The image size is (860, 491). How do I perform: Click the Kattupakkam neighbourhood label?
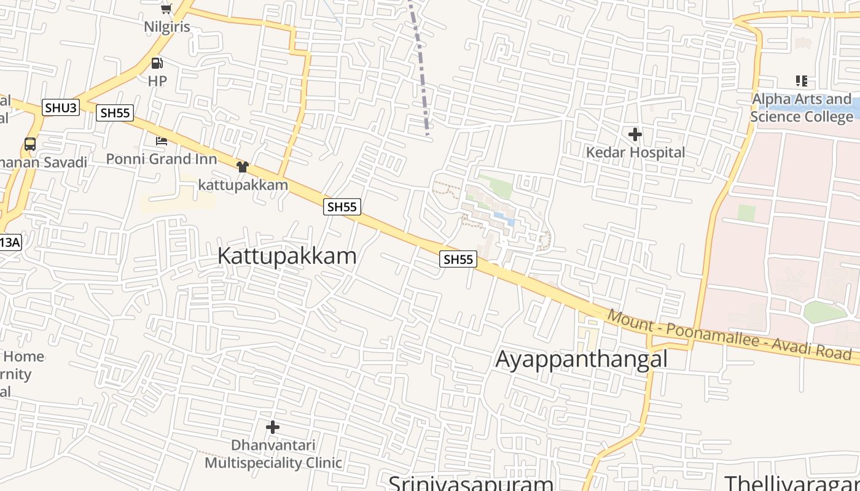coord(287,256)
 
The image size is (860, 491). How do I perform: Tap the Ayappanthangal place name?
coord(581,359)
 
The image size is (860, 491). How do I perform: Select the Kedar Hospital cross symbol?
coord(635,134)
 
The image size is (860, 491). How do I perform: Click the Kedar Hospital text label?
coord(635,152)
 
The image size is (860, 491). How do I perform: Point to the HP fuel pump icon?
coord(157,63)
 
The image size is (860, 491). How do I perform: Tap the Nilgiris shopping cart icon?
coord(166,8)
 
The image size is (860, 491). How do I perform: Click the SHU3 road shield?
coord(61,108)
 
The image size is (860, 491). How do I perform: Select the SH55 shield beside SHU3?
coord(114,113)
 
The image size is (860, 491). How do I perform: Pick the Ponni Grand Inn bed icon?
coord(161,141)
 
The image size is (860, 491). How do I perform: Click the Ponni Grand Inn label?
coord(162,159)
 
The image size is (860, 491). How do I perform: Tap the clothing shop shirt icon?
coord(242,167)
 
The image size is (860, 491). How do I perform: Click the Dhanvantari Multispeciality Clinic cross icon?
coord(273,427)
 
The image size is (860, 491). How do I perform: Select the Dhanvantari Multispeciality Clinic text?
coord(273,454)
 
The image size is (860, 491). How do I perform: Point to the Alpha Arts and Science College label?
coord(801,107)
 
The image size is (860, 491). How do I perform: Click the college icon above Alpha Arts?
coord(801,81)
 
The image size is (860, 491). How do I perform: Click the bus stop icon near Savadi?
coord(29,144)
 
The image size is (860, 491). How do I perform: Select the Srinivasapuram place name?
coord(471,483)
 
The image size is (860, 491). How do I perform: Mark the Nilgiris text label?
coord(167,27)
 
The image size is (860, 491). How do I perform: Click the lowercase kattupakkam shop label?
coord(243,185)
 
